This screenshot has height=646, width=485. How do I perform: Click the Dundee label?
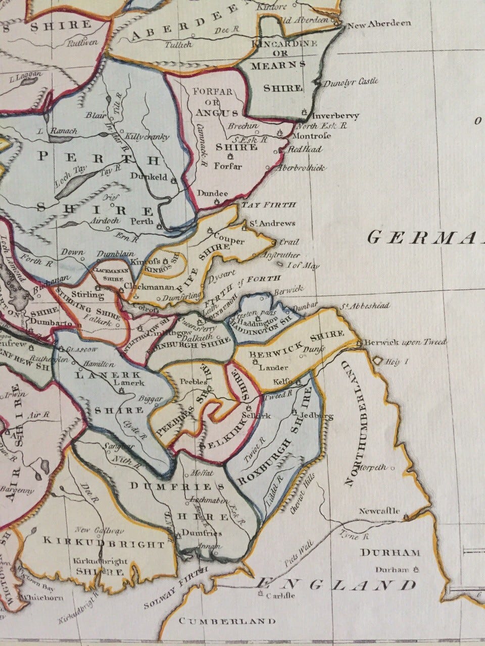tap(212, 193)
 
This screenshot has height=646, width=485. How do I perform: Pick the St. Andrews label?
tap(270, 223)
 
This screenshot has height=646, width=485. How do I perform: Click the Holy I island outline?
tap(378, 361)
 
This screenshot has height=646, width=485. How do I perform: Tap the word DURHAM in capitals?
tap(391, 553)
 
